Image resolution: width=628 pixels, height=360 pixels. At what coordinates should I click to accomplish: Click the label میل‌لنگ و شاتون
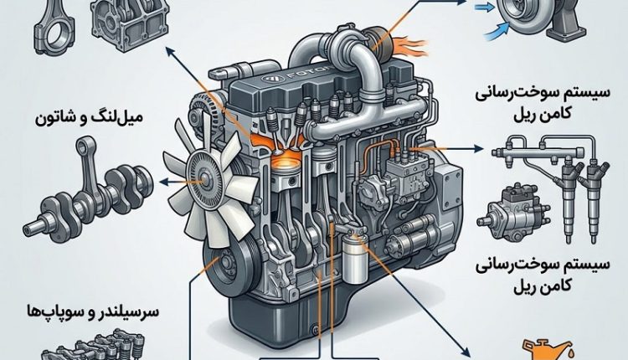(x=89, y=118)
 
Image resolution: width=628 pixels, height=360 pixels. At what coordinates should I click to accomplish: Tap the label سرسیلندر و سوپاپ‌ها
(x=92, y=311)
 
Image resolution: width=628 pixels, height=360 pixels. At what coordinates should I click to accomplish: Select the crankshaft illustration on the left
(x=87, y=192)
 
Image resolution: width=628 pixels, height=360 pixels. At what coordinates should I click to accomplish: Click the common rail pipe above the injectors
(x=545, y=151)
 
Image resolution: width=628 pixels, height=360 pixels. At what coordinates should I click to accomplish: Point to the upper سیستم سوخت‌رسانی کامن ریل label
(x=543, y=102)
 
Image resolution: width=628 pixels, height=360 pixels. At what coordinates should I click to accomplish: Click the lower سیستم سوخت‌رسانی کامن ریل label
(x=543, y=275)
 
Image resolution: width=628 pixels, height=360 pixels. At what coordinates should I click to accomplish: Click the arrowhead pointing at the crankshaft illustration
(x=164, y=183)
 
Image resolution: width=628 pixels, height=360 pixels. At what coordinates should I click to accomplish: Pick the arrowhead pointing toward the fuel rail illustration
(x=479, y=148)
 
